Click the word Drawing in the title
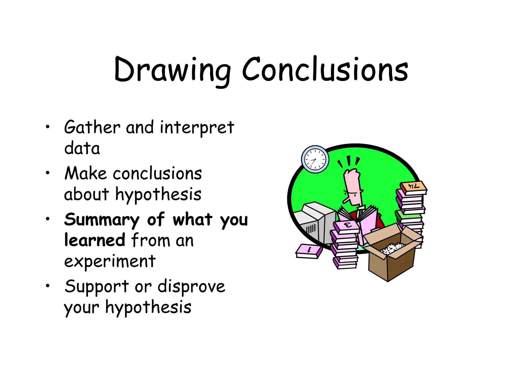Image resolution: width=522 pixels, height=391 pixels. coord(172,70)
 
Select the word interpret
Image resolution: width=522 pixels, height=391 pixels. coord(197,128)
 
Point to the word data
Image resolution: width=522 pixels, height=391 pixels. coord(82,148)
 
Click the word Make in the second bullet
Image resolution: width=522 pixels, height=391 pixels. coord(85,174)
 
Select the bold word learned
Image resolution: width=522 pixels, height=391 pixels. coord(95,240)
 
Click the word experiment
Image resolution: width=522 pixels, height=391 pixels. coord(110,261)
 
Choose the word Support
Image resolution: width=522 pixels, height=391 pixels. coord(97,287)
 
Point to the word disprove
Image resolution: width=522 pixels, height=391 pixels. coord(191,287)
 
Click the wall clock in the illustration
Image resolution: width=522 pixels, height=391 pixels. coord(315,160)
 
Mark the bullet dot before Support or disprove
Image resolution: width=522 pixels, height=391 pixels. coord(47,286)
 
